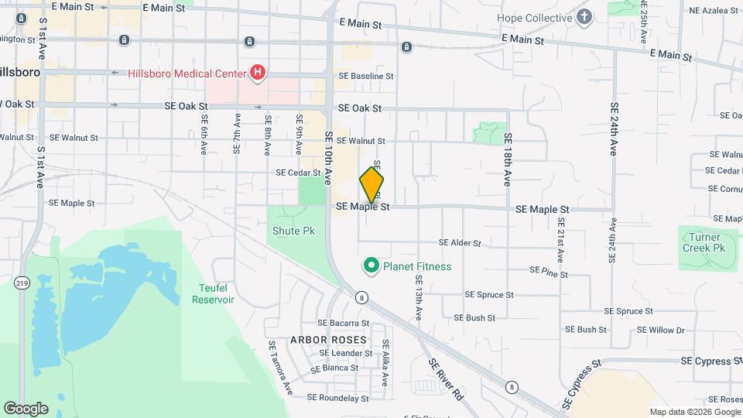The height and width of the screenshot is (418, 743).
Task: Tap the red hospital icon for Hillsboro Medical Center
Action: pos(258,73)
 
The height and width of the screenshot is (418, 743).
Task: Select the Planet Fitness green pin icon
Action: pos(371,267)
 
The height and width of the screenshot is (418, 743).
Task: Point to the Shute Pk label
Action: pos(291,231)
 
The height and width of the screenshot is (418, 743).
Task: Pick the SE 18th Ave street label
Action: pos(508,159)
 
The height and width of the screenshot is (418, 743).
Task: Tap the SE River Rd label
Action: pos(445,379)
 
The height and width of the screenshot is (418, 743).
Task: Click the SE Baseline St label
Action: pos(366,77)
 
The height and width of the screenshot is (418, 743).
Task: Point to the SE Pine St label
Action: pos(549,272)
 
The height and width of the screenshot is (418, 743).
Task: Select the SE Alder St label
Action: pos(460,243)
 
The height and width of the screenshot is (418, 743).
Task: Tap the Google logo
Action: pos(26,408)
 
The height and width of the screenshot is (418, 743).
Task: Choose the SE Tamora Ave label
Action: pos(279,367)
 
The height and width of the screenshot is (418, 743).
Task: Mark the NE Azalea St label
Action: pos(710,10)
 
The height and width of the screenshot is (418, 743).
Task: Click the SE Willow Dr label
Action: pos(660,330)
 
